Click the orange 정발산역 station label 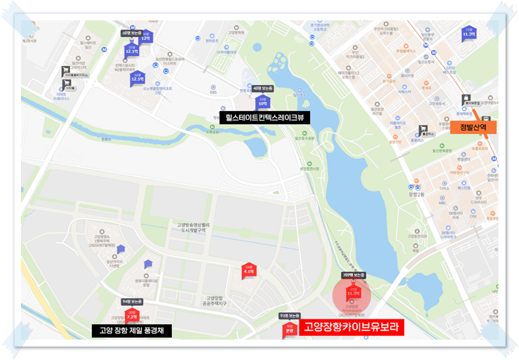(x=477, y=127)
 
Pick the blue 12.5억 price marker (x=137, y=79)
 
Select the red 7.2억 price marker (x=131, y=317)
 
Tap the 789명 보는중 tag (x=353, y=275)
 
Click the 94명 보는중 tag (x=132, y=301)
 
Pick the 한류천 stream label (x=106, y=138)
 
